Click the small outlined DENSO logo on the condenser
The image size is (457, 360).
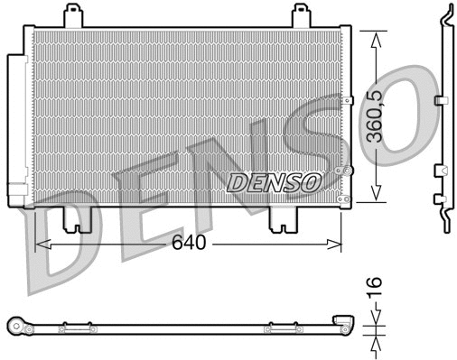(274, 181)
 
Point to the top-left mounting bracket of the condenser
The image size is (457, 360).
(73, 15)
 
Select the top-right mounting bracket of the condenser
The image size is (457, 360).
(302, 15)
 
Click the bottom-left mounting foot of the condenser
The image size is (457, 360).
(70, 217)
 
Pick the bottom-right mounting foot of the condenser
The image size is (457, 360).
(285, 217)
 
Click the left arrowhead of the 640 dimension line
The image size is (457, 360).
(39, 243)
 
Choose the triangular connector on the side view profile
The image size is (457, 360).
(440, 170)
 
